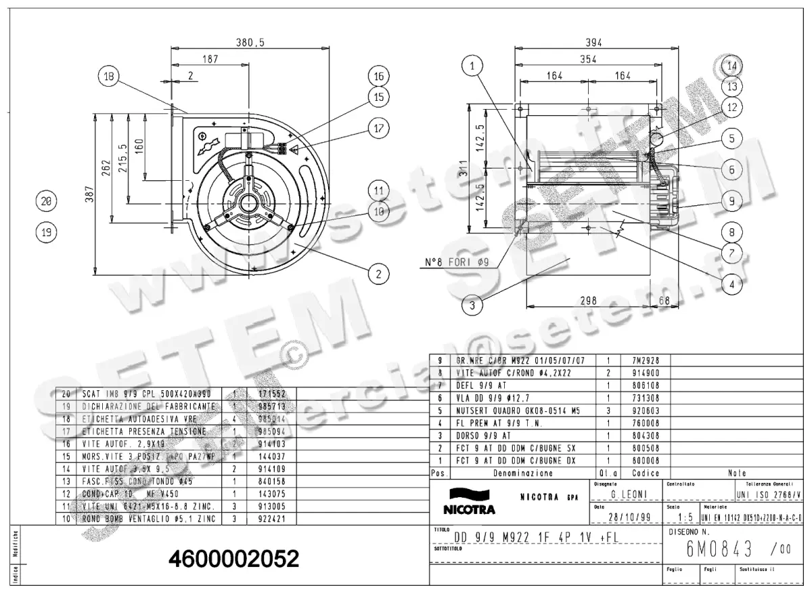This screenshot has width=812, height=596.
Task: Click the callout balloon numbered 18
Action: [x=108, y=77]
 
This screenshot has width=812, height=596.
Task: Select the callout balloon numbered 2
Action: [x=378, y=274]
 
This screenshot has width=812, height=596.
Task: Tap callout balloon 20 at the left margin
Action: [x=46, y=201]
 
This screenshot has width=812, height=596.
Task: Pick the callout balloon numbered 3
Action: [x=473, y=305]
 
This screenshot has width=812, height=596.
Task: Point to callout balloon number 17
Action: [x=378, y=127]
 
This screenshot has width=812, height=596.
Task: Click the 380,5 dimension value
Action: [x=250, y=42]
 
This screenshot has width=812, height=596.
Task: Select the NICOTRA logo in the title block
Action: [x=469, y=501]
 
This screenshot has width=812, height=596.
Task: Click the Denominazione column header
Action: [x=523, y=473]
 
